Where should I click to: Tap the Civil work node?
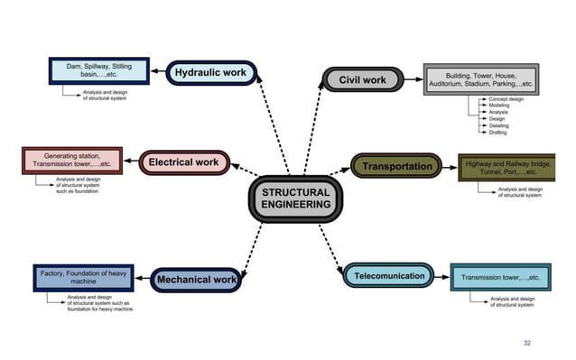362,80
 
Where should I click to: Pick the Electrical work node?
183,163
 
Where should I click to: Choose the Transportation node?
396,166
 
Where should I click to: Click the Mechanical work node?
197,281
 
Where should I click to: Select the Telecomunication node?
389,276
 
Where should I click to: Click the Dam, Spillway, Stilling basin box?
99,71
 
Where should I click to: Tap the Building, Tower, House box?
481,79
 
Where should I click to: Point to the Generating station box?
72,161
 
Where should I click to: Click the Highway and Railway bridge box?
507,167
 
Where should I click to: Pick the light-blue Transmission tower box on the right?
500,277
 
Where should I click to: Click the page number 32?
527,344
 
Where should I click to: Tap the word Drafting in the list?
497,133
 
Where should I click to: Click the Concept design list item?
507,98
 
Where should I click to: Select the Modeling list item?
499,106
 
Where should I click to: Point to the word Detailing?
498,125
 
